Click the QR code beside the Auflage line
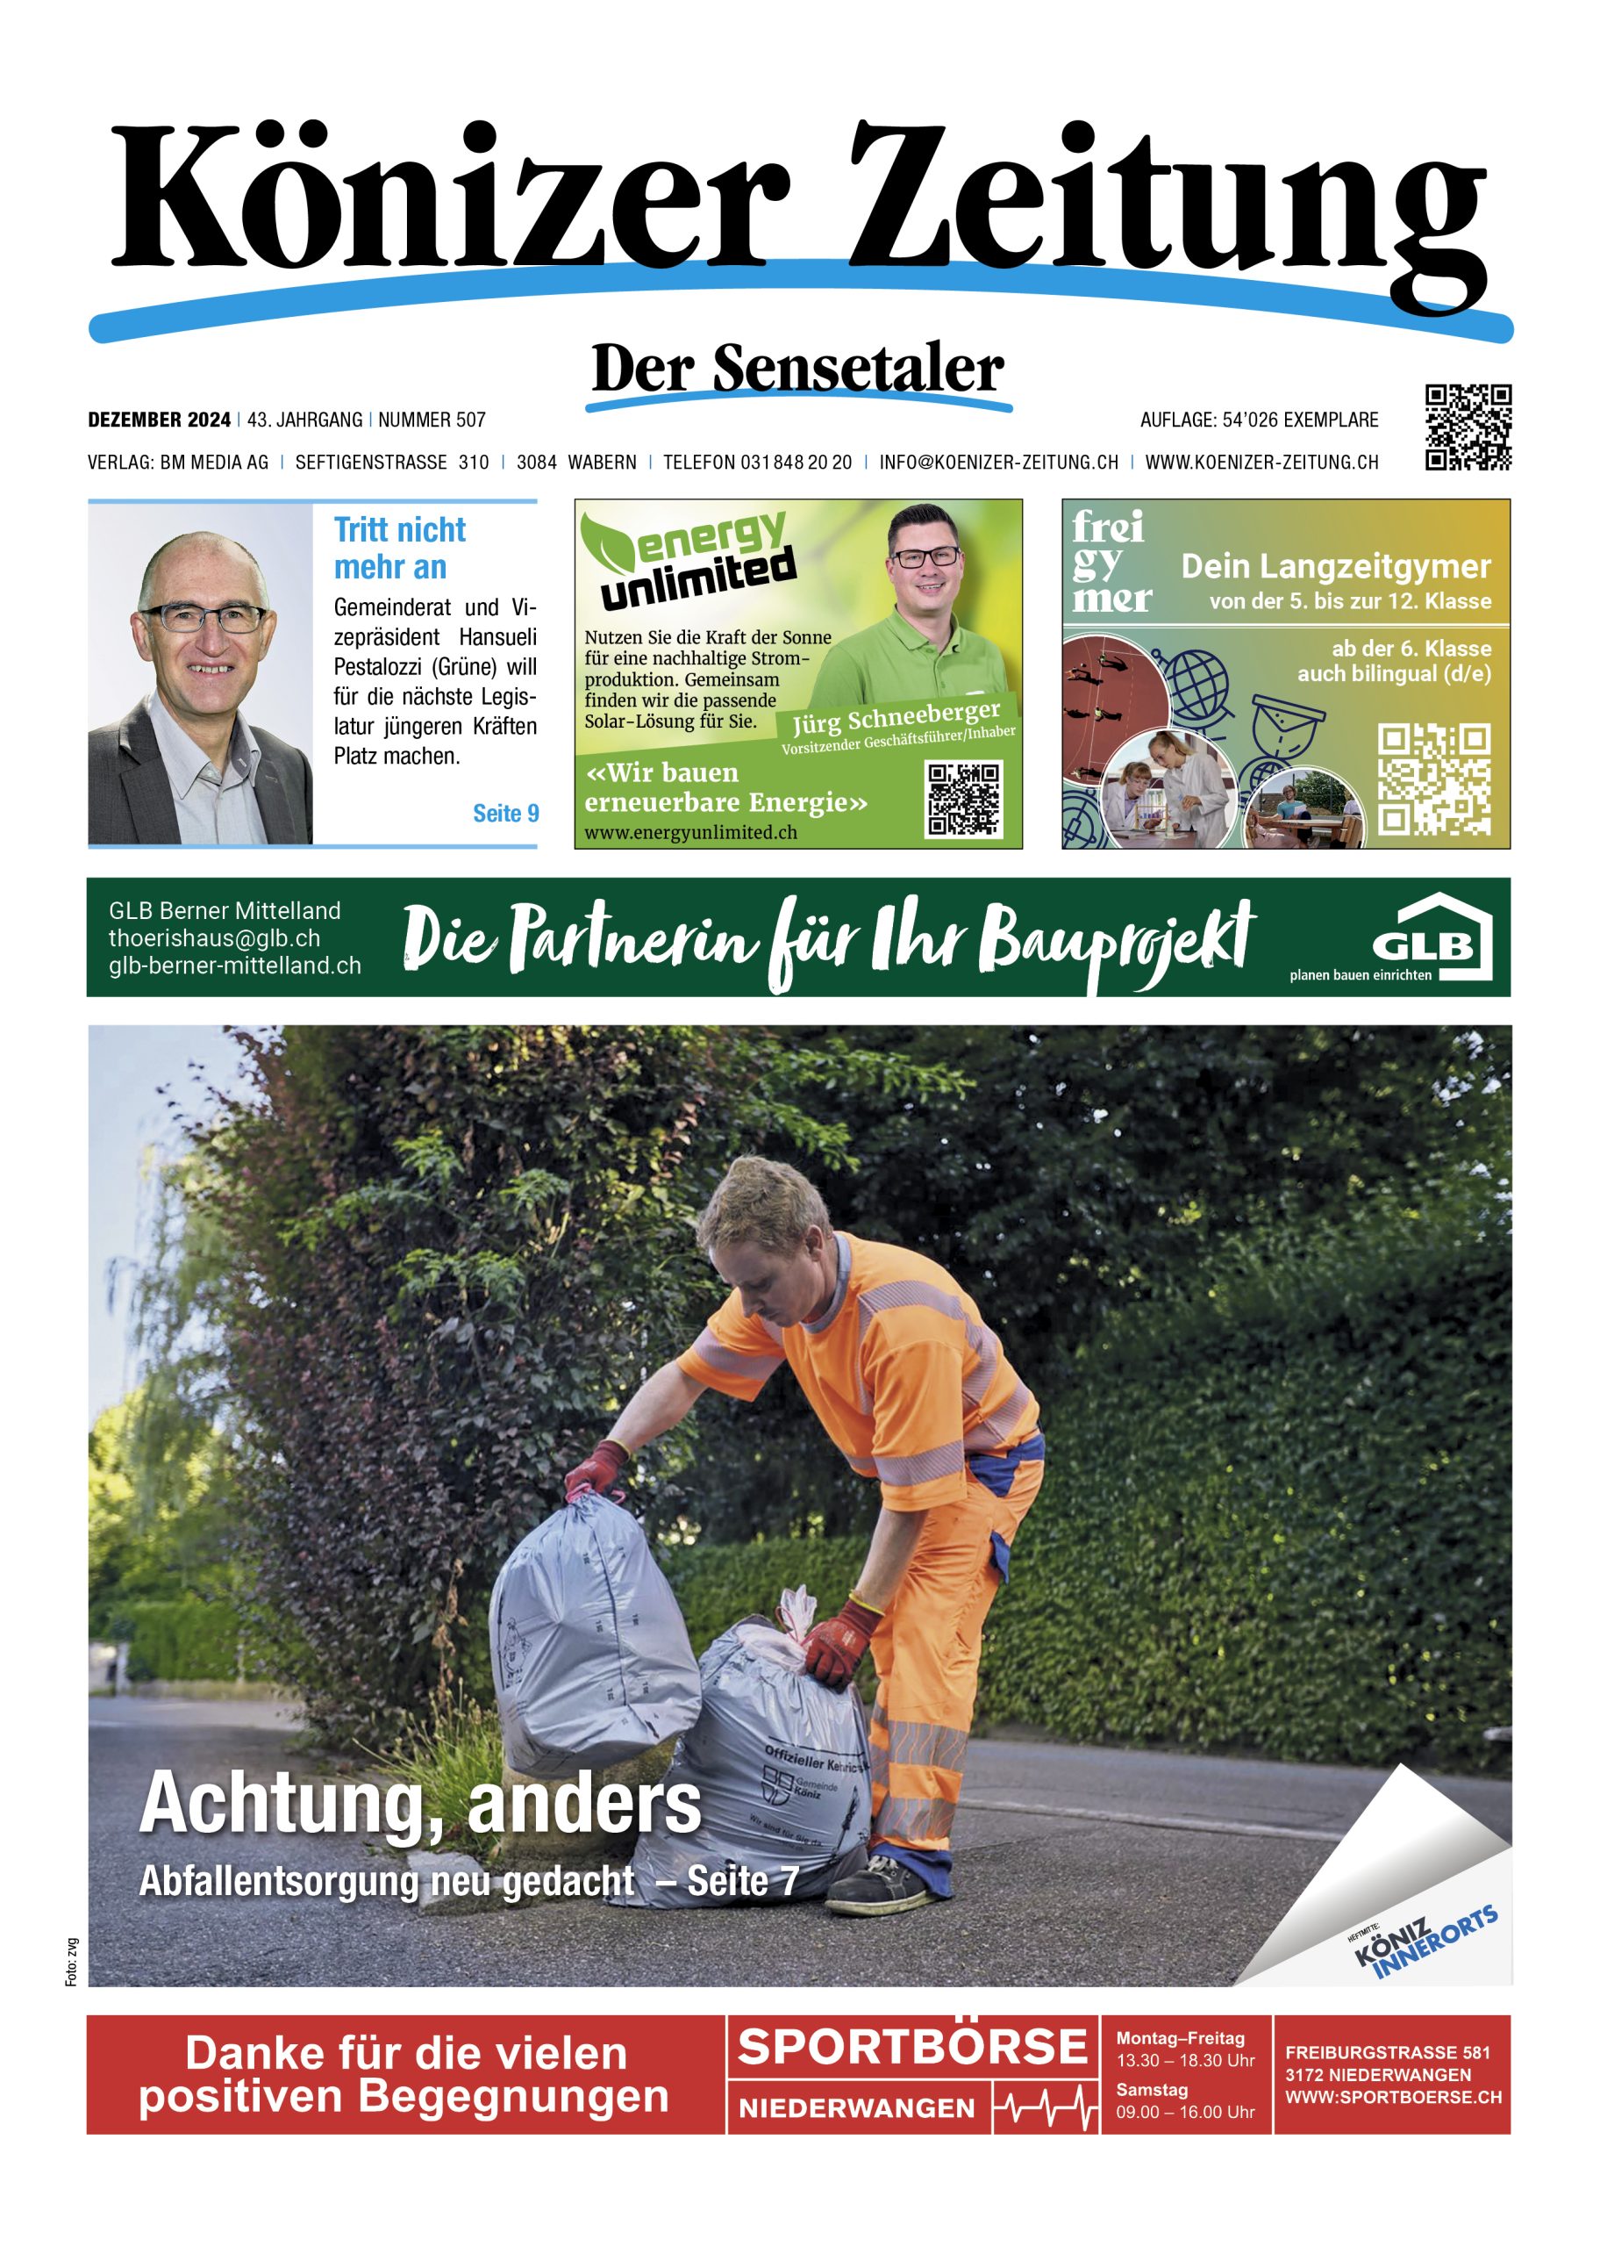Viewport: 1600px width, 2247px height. click(1467, 427)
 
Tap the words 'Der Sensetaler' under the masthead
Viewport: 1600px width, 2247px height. click(797, 369)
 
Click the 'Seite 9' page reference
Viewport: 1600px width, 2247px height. click(505, 813)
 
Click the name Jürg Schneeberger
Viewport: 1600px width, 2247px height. click(896, 720)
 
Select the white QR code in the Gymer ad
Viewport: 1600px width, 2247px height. click(1432, 779)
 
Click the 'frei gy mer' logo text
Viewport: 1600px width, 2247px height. click(1111, 562)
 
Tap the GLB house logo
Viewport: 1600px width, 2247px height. click(1432, 937)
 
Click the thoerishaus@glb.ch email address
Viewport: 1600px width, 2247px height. click(214, 938)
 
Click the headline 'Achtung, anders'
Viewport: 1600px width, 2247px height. click(421, 1804)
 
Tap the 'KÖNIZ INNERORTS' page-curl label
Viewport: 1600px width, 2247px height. click(1425, 1942)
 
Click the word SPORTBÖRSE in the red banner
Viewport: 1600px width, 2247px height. click(911, 2048)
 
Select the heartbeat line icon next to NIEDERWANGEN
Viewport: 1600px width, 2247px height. click(1046, 2109)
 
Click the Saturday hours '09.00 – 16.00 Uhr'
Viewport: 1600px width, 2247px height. click(1184, 2112)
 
